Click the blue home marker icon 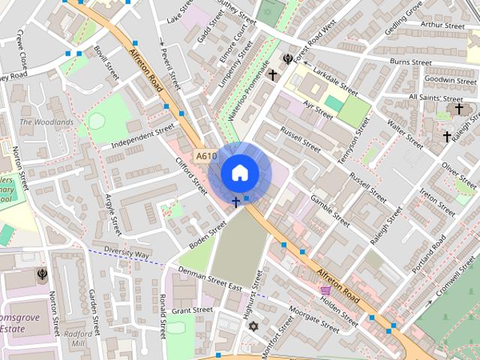tap(240, 173)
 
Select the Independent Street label tap(142, 136)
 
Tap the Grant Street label tap(192, 310)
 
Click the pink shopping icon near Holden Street tap(325, 290)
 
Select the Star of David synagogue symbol tap(253, 326)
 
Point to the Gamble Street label tap(330, 211)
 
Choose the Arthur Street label tap(442, 25)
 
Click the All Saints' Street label tap(436, 98)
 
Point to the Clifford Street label tap(191, 176)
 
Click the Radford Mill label tap(79, 339)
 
